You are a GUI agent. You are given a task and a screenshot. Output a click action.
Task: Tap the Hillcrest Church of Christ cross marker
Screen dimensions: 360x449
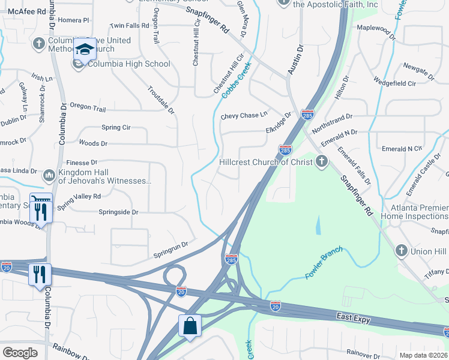click(322, 161)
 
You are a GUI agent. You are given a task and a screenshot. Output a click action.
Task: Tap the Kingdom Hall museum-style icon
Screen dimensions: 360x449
click(49, 175)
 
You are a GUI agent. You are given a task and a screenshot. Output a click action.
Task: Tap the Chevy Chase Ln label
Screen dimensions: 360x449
click(244, 116)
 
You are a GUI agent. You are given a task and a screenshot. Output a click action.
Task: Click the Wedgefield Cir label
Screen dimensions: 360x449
click(394, 83)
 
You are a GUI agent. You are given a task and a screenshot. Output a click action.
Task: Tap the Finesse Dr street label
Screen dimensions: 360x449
click(81, 163)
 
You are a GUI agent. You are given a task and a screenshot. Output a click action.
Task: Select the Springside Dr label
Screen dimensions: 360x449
click(118, 212)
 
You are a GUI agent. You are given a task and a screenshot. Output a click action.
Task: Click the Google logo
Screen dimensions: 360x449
click(20, 353)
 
